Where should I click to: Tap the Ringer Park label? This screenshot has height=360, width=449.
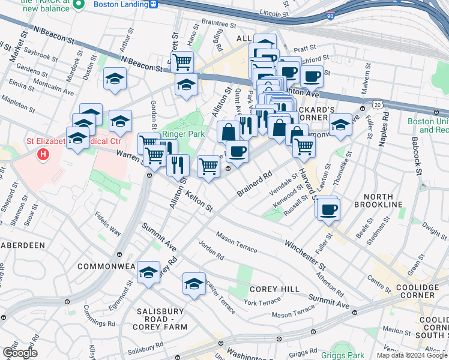point(184,133)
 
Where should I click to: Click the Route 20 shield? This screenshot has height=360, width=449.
point(376,104)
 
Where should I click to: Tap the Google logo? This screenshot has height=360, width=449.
point(19,353)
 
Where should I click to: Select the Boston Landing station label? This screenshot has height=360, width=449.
point(121,4)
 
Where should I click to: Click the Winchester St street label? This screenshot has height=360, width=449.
point(305,255)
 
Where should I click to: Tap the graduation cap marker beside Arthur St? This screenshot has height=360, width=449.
point(115,79)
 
